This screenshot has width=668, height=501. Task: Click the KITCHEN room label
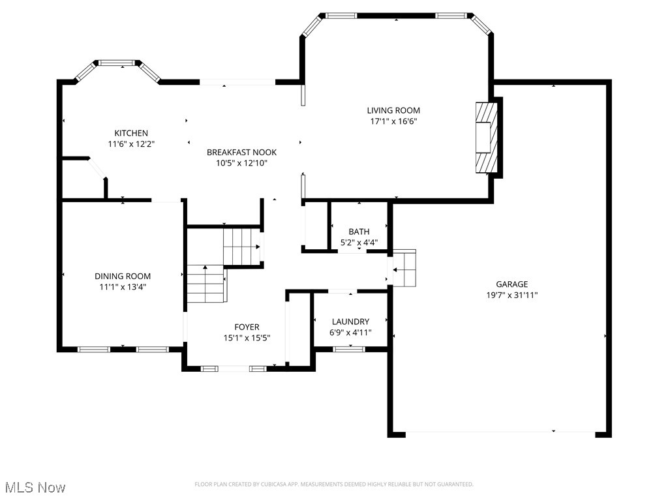click(x=131, y=133)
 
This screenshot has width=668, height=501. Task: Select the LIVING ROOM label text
click(x=393, y=110)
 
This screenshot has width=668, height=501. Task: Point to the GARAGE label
click(x=511, y=284)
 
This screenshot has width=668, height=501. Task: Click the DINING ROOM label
click(x=123, y=276)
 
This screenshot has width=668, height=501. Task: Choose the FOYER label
click(x=247, y=327)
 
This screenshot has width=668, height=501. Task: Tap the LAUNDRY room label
click(x=350, y=322)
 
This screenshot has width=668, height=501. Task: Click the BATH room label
click(x=358, y=232)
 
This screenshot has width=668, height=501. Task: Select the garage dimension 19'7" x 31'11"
click(x=511, y=295)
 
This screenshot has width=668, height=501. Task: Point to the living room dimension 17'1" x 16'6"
click(x=393, y=121)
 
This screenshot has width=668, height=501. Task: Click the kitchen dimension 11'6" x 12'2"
click(x=131, y=144)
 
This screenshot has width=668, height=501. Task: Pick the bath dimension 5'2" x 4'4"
click(x=358, y=243)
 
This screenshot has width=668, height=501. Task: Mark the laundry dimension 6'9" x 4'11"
click(x=350, y=333)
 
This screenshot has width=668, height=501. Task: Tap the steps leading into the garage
click(x=404, y=267)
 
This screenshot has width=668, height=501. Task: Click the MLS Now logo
click(x=34, y=487)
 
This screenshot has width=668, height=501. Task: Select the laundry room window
click(x=349, y=349)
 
